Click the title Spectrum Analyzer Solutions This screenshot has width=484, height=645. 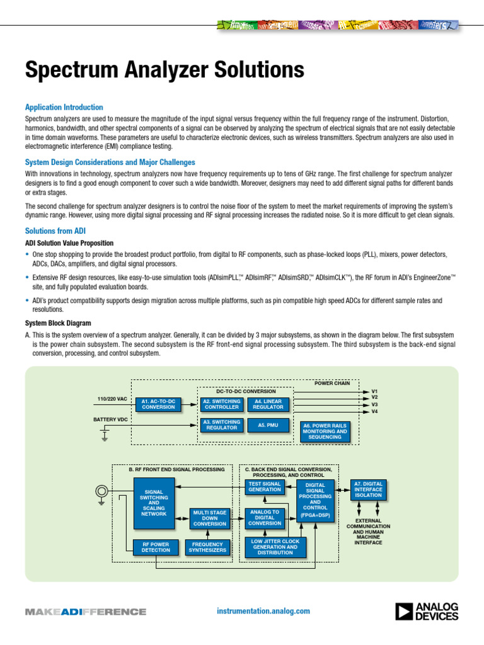(156, 69)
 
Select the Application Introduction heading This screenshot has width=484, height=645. (64, 108)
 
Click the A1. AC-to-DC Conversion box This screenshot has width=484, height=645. (158, 404)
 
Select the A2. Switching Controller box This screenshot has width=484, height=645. (221, 404)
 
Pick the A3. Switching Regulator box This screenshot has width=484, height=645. (221, 425)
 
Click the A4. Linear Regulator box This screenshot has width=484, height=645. (268, 404)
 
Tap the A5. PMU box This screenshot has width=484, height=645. (268, 425)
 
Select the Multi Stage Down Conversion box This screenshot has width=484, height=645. (209, 518)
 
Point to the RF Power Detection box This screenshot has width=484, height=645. (155, 547)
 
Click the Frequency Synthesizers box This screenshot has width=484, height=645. (207, 547)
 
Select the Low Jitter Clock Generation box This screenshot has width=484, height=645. (275, 547)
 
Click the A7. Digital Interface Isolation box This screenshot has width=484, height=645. (368, 489)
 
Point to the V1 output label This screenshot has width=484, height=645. (374, 391)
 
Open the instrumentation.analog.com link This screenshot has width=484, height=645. (263, 611)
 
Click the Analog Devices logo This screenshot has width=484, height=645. (427, 611)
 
